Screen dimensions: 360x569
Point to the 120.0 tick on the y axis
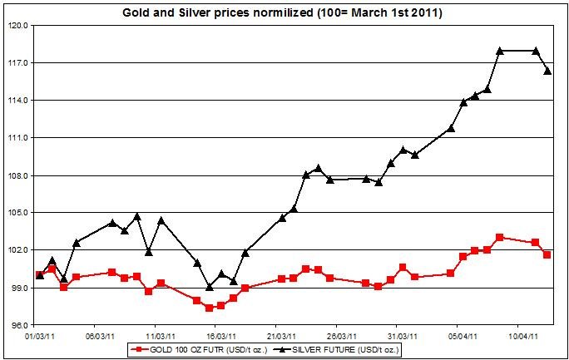tap(19, 26)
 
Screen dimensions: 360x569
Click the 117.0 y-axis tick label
tap(19, 63)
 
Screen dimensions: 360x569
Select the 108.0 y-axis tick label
tap(19, 175)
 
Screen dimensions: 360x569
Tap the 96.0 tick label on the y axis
tap(19, 325)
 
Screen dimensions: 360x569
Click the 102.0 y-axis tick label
tap(19, 250)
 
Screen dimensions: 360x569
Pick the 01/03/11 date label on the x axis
tap(39, 337)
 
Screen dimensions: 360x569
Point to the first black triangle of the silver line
tap(39, 274)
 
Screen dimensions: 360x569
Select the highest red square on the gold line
tap(499, 237)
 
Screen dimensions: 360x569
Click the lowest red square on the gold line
tap(209, 308)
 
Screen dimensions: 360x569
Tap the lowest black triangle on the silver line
tap(209, 287)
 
